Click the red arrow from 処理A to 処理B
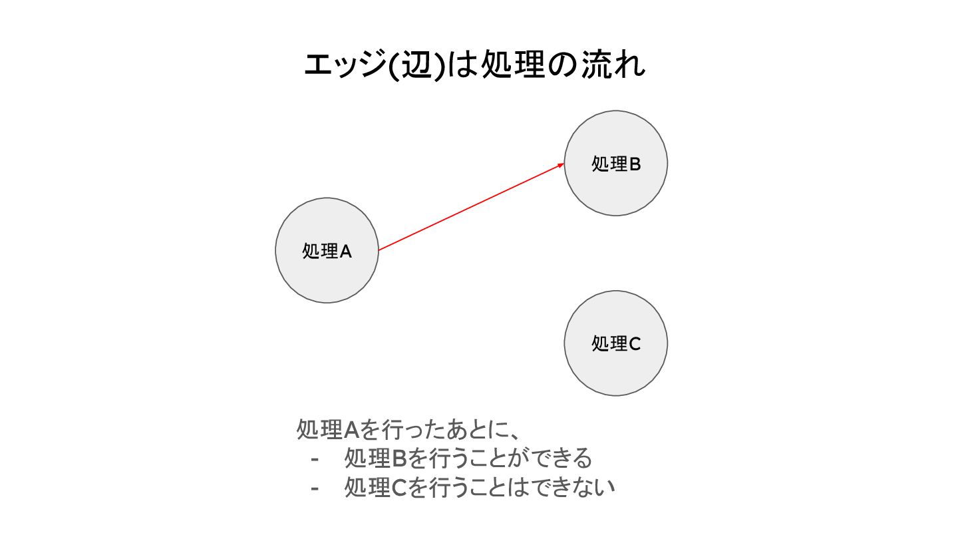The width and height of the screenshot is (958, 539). click(x=470, y=207)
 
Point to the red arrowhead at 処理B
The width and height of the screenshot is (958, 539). click(x=561, y=164)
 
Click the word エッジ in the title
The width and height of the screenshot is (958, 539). click(x=344, y=67)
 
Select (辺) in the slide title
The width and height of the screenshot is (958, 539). click(x=415, y=67)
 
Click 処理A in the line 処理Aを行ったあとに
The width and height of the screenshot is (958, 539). click(x=327, y=430)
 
